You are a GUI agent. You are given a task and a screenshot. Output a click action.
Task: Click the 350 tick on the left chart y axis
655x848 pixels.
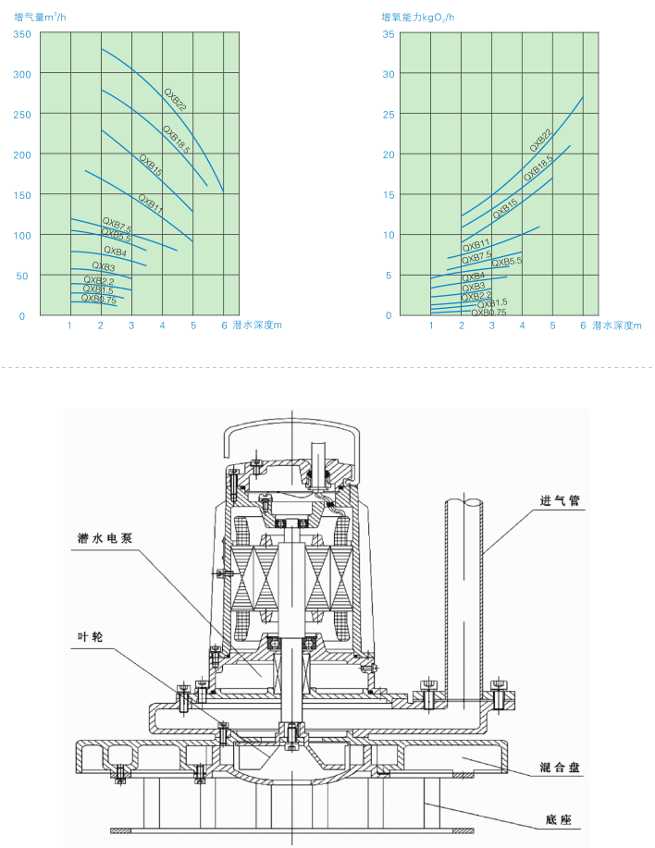[21, 34]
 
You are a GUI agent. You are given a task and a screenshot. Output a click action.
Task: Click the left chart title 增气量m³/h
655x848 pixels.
[41, 17]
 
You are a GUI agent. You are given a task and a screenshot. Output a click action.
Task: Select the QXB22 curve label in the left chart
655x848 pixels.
[176, 100]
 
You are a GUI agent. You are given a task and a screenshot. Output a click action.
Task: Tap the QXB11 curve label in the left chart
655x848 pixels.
[151, 203]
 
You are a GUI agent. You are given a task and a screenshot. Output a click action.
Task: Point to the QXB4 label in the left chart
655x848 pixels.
[115, 251]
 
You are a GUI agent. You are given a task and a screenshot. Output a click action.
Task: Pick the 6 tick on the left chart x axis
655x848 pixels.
[224, 326]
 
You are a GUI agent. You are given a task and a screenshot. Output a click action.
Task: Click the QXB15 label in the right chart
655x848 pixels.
[505, 206]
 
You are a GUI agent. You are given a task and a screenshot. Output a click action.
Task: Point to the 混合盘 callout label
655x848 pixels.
[561, 768]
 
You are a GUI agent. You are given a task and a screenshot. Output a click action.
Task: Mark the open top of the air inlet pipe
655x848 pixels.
[463, 503]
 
